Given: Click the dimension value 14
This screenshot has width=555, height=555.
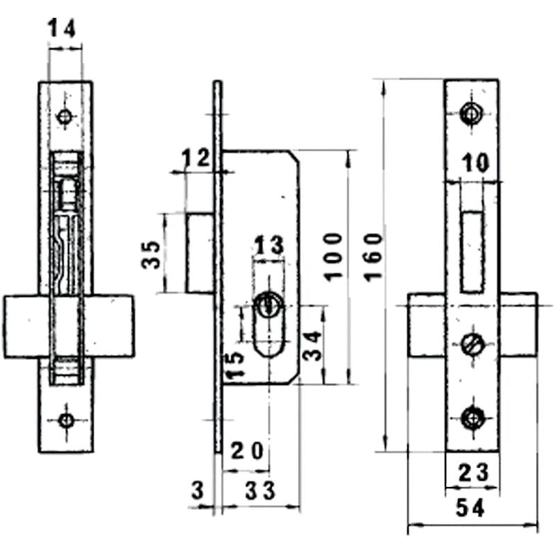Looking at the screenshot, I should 62,28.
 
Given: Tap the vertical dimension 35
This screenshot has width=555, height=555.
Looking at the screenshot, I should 151,255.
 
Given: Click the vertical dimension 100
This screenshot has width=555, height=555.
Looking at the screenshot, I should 332,256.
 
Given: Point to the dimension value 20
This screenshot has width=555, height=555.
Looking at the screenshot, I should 247,452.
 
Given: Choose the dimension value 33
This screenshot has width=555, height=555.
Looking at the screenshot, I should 259,490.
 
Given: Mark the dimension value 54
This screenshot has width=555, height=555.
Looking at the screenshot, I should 472,509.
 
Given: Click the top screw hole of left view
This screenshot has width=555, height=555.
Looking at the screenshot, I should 65,117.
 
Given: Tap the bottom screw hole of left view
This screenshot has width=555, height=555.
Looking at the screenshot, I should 66,420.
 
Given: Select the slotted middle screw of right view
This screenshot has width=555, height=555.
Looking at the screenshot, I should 472,343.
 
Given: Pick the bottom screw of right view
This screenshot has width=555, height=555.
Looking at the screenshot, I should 472,418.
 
